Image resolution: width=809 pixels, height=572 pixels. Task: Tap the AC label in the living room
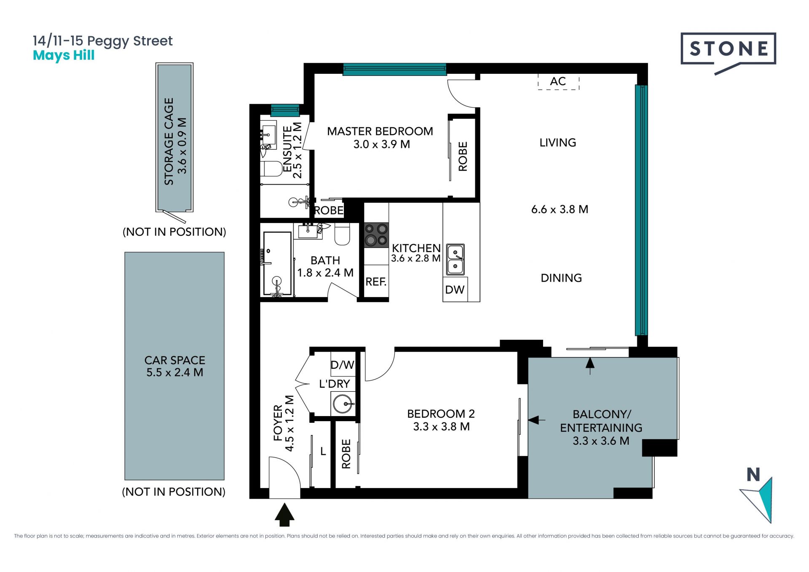point(558,81)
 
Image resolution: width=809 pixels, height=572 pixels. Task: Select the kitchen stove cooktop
point(376,234)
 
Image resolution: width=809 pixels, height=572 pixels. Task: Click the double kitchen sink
point(455,259)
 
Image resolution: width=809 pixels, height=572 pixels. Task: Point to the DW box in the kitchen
point(455,289)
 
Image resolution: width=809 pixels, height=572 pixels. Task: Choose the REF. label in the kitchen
point(376,282)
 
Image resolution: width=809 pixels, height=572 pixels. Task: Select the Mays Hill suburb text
point(64,56)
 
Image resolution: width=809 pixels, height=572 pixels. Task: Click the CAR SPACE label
point(175,360)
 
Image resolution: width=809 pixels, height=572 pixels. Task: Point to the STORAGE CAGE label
point(169,141)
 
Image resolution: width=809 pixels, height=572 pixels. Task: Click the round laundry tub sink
point(343,404)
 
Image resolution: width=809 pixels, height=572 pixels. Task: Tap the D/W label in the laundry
point(342,365)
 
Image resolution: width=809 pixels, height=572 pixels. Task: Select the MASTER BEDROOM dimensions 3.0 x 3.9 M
point(382,144)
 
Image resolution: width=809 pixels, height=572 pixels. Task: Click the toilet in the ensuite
point(271,169)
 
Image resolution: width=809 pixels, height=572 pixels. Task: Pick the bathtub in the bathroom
point(277,263)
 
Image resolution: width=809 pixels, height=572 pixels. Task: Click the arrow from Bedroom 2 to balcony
point(536,420)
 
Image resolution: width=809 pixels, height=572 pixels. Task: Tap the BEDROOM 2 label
point(441,414)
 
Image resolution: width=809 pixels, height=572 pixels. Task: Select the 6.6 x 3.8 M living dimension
point(560,209)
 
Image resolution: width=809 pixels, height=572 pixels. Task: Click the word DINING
point(561,278)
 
